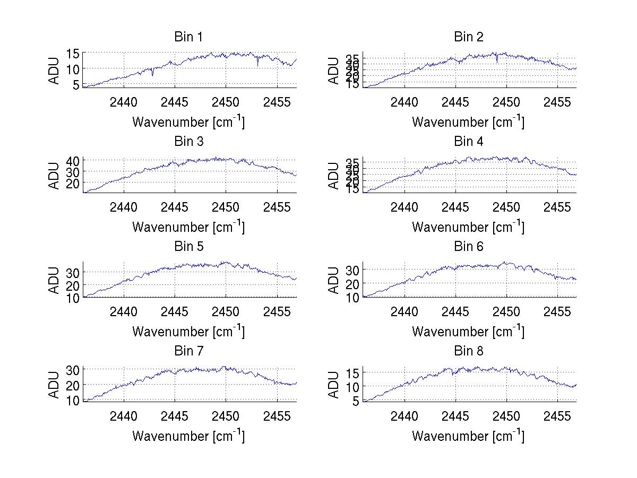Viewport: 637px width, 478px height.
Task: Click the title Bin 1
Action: [x=188, y=37]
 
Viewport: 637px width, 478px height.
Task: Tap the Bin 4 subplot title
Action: [x=469, y=142]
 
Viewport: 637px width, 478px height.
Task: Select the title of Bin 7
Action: [x=188, y=351]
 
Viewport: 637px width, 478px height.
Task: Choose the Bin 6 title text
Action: [x=469, y=246]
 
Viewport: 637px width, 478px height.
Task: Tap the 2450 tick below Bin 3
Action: [x=226, y=206]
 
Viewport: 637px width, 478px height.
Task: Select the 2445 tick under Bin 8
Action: [x=455, y=415]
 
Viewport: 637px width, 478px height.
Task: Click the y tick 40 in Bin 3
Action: [x=73, y=160]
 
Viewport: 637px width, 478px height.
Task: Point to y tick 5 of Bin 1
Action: [x=76, y=84]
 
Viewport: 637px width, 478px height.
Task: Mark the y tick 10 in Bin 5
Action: [x=73, y=298]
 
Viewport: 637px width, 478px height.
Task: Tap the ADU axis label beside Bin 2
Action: [x=333, y=71]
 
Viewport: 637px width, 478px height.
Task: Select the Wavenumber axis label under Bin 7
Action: [x=188, y=436]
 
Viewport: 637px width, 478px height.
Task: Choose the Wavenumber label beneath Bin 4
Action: [x=468, y=227]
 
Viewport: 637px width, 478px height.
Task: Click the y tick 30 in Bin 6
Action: [x=353, y=270]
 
